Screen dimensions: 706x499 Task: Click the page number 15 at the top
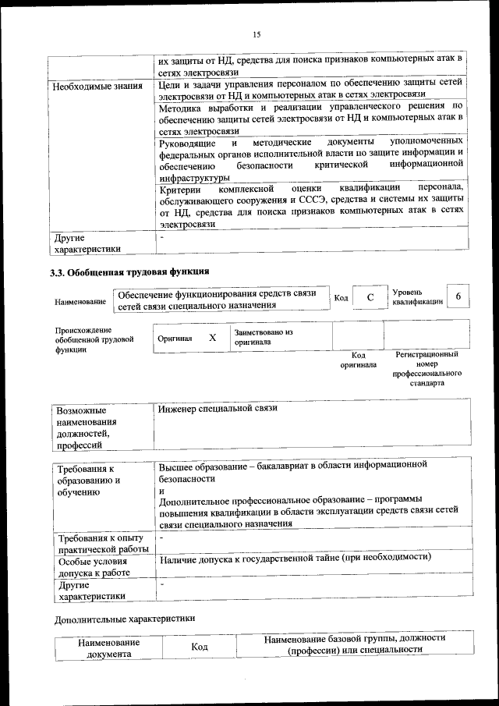point(257,34)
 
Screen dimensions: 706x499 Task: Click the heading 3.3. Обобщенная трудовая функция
point(129,273)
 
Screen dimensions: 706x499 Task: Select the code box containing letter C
point(370,298)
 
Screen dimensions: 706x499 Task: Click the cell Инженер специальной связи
point(218,408)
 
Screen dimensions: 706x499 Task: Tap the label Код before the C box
point(341,298)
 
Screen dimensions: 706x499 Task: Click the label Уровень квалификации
point(418,296)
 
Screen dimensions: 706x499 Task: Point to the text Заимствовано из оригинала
point(263,337)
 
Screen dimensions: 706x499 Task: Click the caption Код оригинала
point(358,360)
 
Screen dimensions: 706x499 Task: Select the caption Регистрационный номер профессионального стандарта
point(426,369)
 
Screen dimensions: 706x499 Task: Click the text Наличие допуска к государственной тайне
point(295,558)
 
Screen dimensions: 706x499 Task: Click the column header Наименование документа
point(109,648)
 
